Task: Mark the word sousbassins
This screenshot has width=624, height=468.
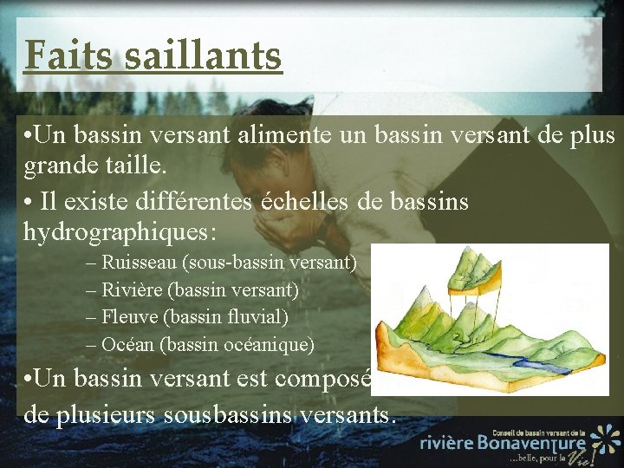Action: [x=237, y=413]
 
